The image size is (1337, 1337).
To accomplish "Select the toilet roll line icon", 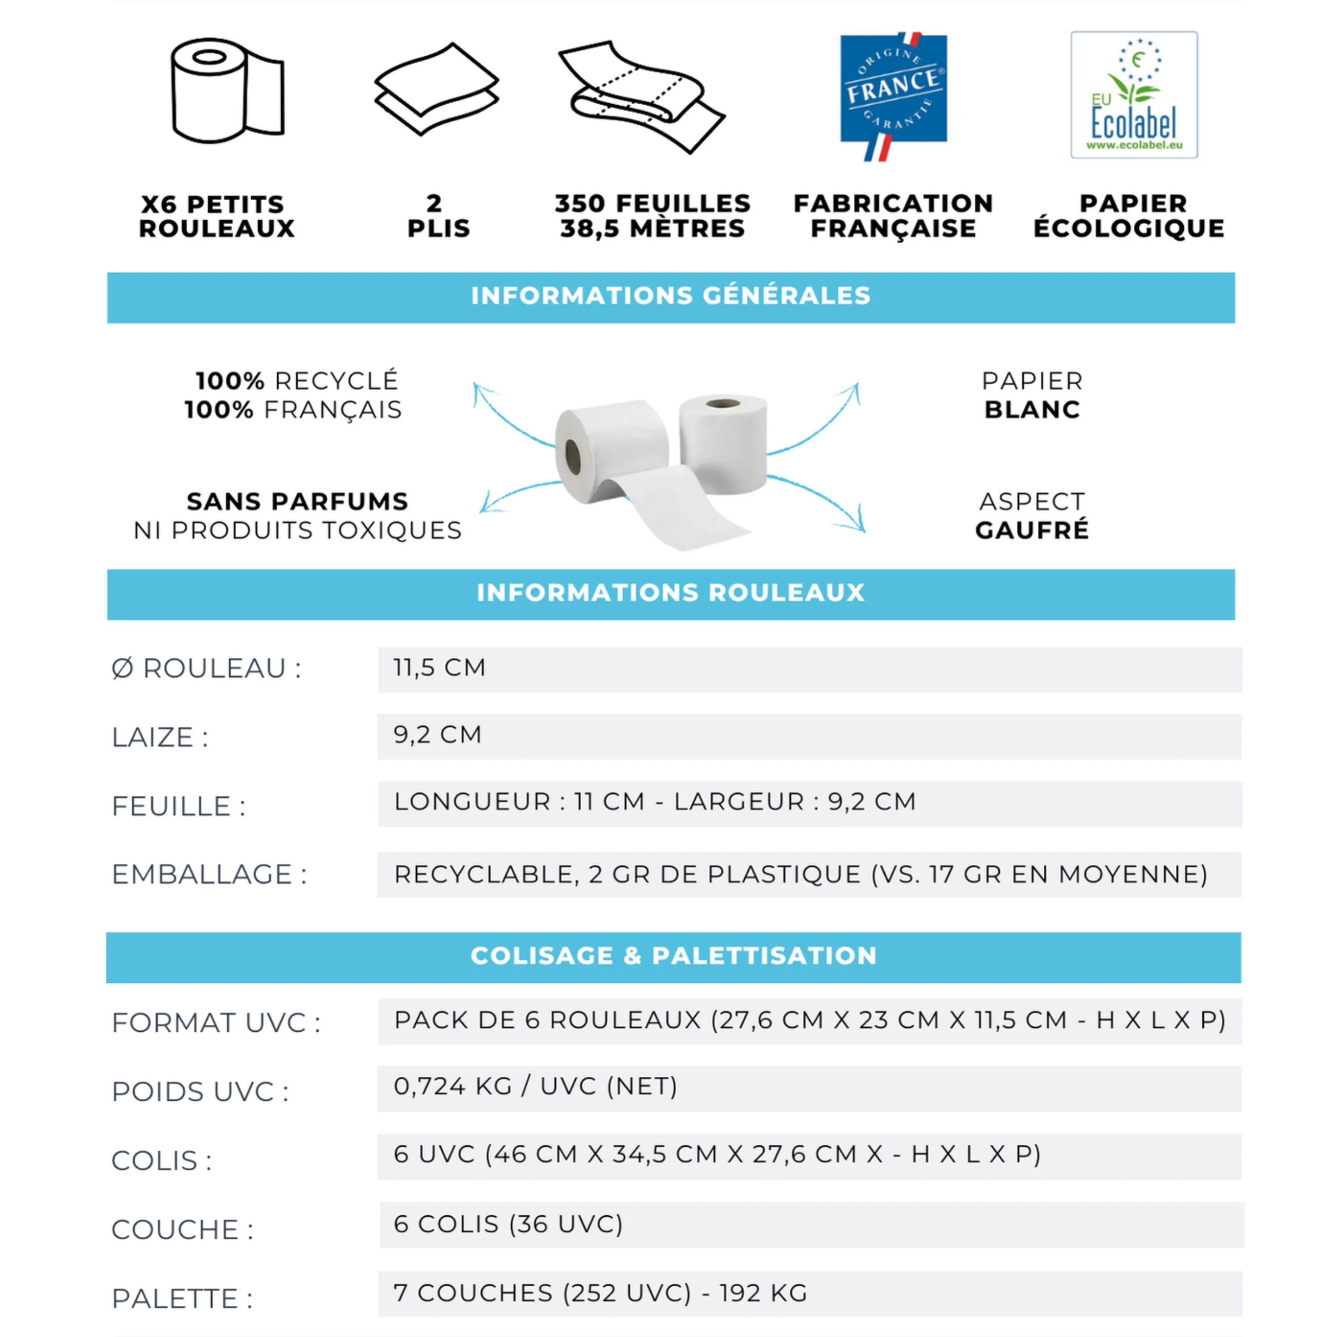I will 227,90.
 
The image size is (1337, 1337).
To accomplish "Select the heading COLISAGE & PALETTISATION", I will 673,956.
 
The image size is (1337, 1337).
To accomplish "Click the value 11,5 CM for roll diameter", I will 440,668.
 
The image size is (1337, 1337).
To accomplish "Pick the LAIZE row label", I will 160,738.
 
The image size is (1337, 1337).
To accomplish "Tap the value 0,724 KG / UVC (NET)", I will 535,1087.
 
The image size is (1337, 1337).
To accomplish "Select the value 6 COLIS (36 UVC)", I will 508,1224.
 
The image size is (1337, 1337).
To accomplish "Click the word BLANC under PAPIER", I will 1032,410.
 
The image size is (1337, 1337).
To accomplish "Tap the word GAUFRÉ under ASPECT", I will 1032,530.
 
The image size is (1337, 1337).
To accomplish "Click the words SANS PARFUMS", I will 298,501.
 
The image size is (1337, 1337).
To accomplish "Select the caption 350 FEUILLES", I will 652,204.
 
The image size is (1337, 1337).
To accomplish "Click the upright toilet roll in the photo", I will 723,442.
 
